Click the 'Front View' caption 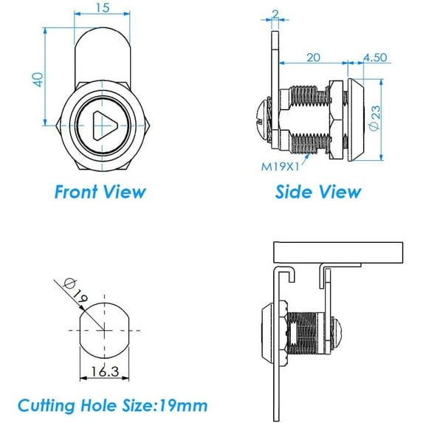click(x=100, y=192)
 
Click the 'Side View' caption click(x=317, y=192)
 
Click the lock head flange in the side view click(x=356, y=118)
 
